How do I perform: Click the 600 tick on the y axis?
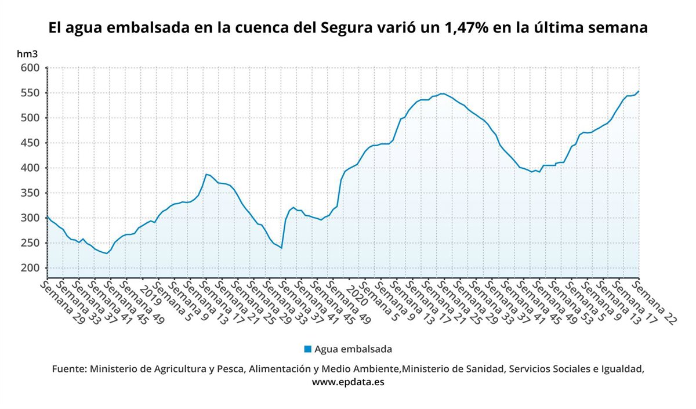click(31, 68)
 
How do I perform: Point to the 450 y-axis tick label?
click(31, 143)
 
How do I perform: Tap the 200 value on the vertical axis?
click(31, 268)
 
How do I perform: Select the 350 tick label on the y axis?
click(31, 193)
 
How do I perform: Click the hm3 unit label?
click(27, 54)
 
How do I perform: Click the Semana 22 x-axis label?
click(655, 302)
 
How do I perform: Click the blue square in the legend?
click(307, 349)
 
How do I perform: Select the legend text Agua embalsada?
click(353, 349)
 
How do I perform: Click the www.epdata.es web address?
click(348, 382)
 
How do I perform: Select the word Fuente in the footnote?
click(69, 369)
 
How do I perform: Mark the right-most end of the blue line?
click(639, 91)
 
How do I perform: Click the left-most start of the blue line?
click(47, 217)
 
